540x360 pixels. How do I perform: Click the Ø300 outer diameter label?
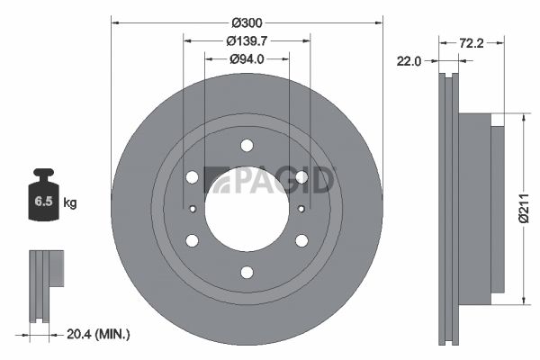pos(247,21)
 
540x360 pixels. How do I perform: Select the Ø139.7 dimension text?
pos(247,40)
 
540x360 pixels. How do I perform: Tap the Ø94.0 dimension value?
pos(247,59)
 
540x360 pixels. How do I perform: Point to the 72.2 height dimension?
pos(473,42)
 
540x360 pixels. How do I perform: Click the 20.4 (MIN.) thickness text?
pos(98,334)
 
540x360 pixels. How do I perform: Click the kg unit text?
pos(70,203)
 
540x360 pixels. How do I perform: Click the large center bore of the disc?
pos(246,209)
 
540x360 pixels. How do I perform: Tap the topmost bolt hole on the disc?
pos(247,146)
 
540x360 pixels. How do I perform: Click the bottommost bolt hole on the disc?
pos(247,272)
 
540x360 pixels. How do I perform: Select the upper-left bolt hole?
pos(192,177)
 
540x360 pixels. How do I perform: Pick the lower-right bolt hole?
pos(301,240)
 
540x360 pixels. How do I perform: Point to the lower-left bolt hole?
pos(192,240)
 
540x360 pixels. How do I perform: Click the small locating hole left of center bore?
pos(193,209)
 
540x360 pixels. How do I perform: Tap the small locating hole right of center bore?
pos(300,209)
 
